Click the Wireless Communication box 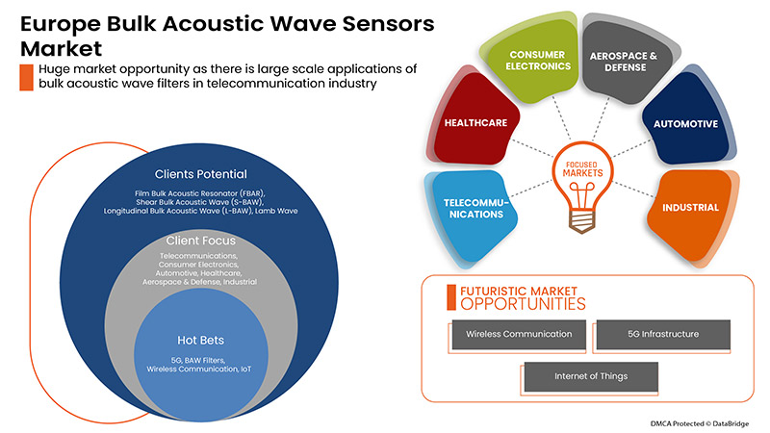click(x=518, y=334)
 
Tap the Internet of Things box click(x=589, y=376)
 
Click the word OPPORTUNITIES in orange click(x=523, y=305)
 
